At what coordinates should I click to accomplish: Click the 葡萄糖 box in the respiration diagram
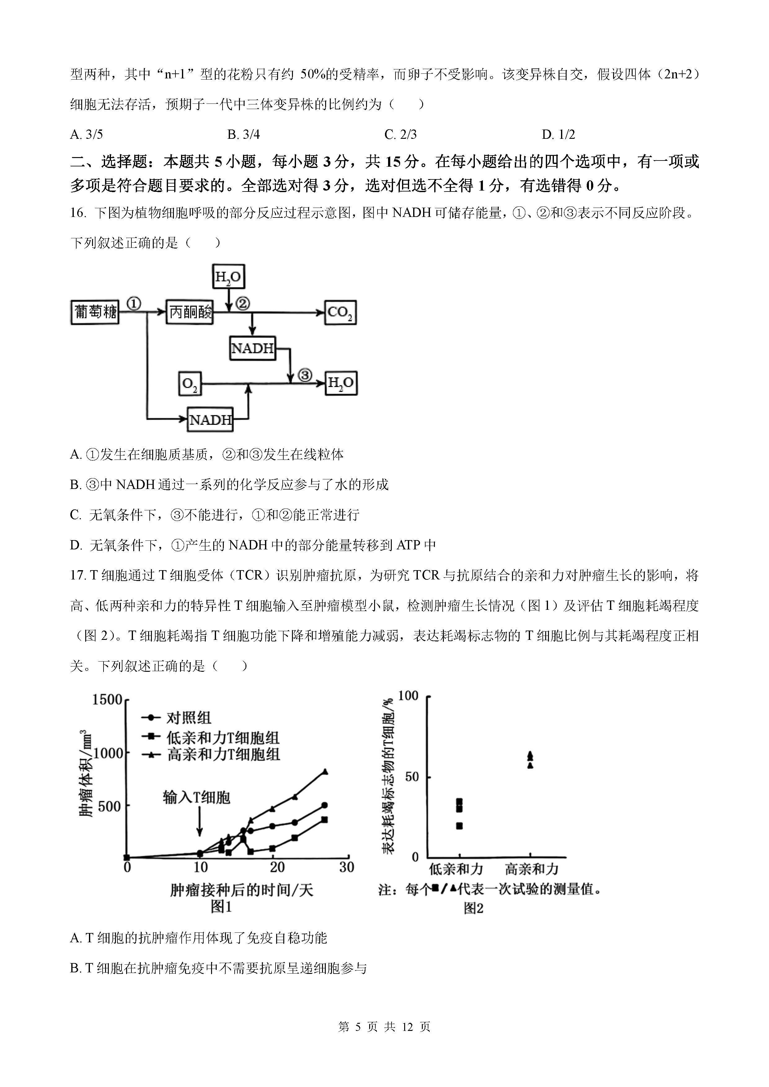tap(95, 312)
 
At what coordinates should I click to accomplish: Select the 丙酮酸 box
tap(189, 312)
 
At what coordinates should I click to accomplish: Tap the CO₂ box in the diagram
tap(340, 312)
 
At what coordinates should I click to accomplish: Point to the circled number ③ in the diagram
tap(305, 376)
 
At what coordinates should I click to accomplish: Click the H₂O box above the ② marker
tap(228, 276)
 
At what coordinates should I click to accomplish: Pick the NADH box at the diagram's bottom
tap(210, 420)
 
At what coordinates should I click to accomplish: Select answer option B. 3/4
tap(243, 134)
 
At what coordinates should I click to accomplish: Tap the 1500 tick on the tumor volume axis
tap(107, 699)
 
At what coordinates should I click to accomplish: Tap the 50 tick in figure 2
tap(412, 777)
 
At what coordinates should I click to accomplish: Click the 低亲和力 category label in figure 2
tap(456, 869)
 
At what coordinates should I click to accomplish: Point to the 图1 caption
tap(221, 907)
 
